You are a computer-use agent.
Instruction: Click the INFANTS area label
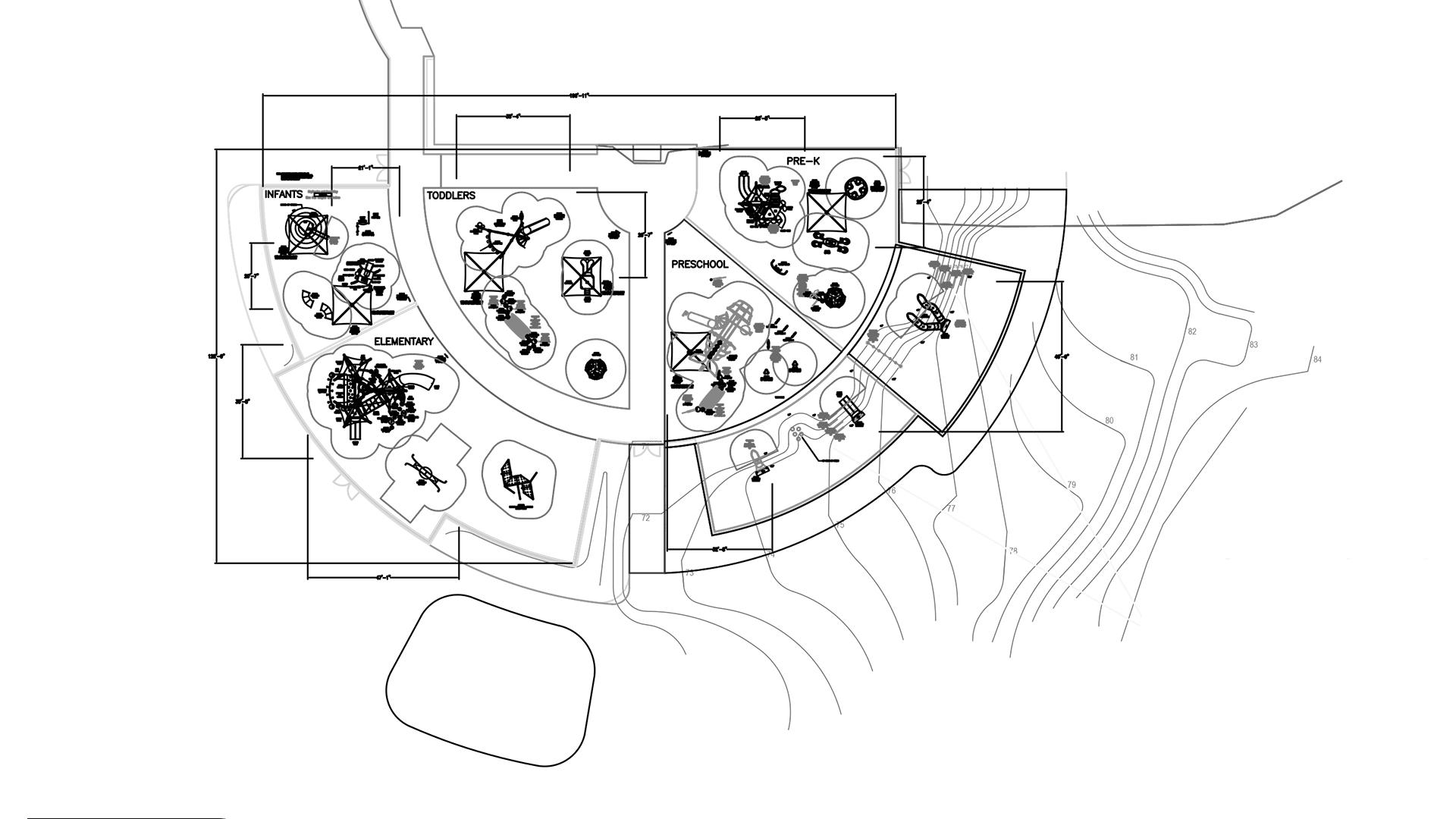pos(283,194)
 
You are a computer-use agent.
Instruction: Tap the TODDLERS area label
pos(450,195)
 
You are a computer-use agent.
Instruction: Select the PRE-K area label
pos(803,161)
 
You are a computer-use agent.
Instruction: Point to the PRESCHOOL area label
pos(699,265)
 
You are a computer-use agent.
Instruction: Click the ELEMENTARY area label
pos(403,341)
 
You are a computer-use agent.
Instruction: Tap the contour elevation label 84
pos(1317,359)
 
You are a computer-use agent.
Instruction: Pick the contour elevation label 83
pos(1254,345)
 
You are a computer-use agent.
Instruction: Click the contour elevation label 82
pos(1192,332)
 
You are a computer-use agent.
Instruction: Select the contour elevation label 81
pos(1134,358)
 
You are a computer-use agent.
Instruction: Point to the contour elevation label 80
pos(1109,421)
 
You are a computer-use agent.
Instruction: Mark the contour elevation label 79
pos(1072,485)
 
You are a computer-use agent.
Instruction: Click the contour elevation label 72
pos(645,519)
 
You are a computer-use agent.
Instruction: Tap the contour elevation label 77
pos(951,509)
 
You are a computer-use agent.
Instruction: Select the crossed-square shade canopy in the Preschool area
pos(689,352)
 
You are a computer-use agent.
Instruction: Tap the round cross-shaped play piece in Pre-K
pos(855,190)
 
